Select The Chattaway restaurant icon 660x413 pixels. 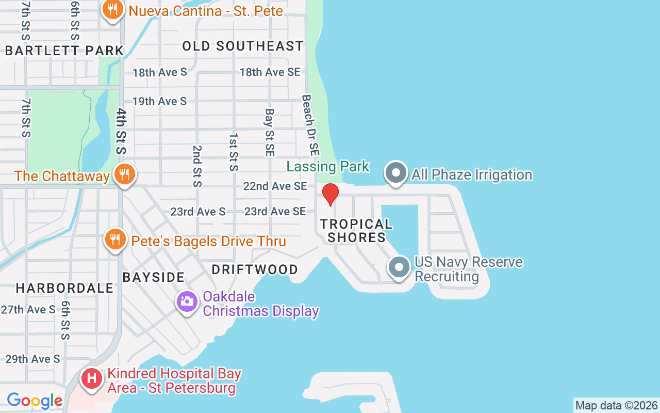[x=124, y=174]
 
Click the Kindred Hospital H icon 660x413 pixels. [x=92, y=378]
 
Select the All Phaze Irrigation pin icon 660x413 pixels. [x=396, y=173]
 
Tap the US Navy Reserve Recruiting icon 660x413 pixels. [x=399, y=268]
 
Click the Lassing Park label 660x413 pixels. [x=328, y=166]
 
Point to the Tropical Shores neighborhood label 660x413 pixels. [x=356, y=231]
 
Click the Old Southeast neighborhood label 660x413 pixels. [x=243, y=46]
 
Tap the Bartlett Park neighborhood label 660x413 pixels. [x=64, y=50]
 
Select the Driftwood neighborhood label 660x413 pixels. [x=255, y=269]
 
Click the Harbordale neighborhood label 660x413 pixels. [x=64, y=288]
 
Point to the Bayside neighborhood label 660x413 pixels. [x=154, y=277]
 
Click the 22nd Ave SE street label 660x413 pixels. [x=275, y=186]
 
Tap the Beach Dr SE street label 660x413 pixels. [x=311, y=125]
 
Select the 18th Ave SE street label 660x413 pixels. [x=270, y=72]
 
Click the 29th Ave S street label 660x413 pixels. [x=32, y=359]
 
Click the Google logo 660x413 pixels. [x=35, y=401]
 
